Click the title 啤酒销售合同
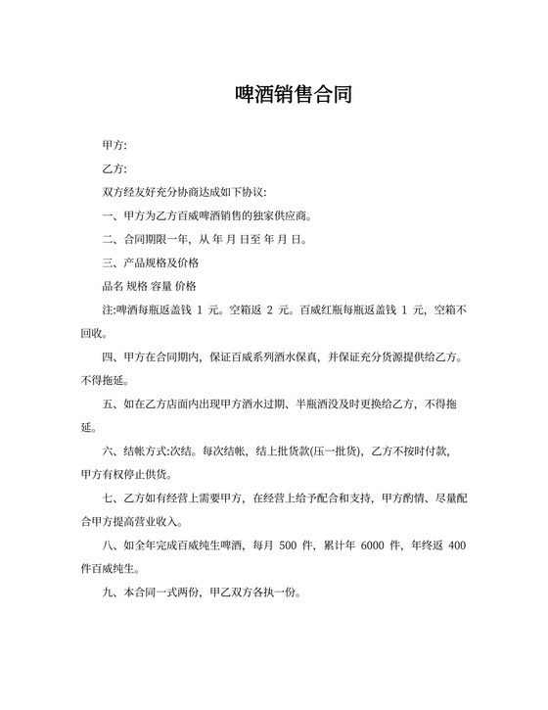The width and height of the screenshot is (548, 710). coord(294,95)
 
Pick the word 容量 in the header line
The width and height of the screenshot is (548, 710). coord(161,286)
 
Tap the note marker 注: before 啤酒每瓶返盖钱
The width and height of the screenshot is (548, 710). coord(109,309)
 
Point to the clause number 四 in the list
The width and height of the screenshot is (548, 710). coord(108,356)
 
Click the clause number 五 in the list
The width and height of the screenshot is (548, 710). coord(108,403)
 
